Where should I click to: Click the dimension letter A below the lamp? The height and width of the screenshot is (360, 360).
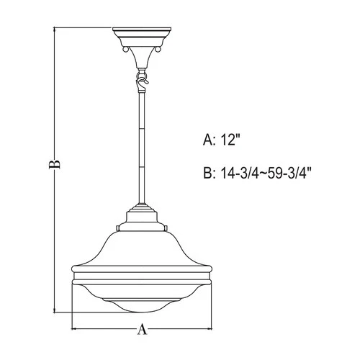click(142, 330)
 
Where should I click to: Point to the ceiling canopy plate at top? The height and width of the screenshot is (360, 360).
click(142, 36)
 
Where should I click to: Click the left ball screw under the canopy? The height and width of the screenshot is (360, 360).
click(127, 51)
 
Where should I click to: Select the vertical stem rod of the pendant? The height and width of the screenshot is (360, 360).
click(142, 144)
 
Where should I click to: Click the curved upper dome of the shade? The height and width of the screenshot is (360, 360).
click(142, 245)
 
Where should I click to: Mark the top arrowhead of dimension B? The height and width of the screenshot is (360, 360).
click(55, 30)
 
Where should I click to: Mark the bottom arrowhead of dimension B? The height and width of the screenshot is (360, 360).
click(55, 311)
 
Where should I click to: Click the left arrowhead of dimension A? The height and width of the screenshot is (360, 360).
click(75, 330)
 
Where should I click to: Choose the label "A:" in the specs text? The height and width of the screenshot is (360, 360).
click(210, 142)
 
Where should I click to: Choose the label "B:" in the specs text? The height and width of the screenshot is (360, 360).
click(210, 173)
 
